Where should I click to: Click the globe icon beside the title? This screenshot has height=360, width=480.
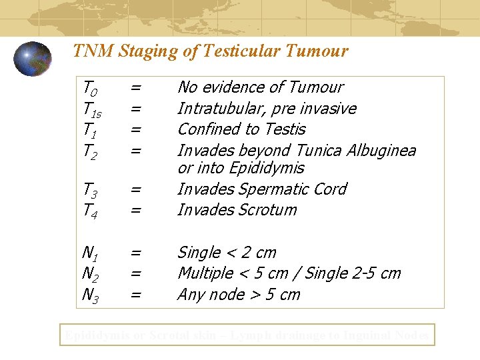pyautogui.click(x=33, y=59)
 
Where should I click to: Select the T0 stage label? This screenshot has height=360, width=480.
pyautogui.click(x=89, y=87)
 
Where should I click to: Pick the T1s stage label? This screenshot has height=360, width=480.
pyautogui.click(x=92, y=109)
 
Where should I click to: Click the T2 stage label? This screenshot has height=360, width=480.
pyautogui.click(x=89, y=151)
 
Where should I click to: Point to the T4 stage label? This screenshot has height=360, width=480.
pyautogui.click(x=90, y=210)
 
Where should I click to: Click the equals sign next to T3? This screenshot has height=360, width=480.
pyautogui.click(x=135, y=189)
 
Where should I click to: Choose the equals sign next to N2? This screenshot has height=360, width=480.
pyautogui.click(x=135, y=273)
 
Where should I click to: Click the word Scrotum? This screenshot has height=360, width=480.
pyautogui.click(x=266, y=210)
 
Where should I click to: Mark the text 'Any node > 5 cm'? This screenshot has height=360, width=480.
pyautogui.click(x=239, y=295)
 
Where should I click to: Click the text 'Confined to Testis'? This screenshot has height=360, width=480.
pyautogui.click(x=241, y=129)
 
